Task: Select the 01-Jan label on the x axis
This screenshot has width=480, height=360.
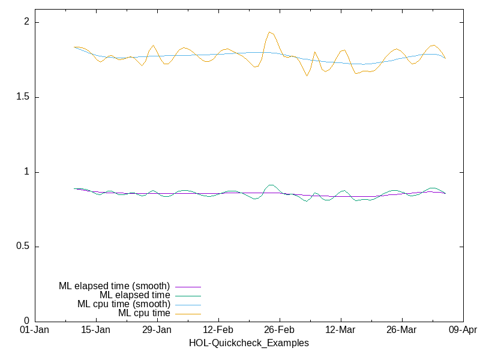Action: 35,331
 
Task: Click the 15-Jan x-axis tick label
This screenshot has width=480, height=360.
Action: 95,331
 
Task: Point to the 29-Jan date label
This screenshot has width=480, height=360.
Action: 157,331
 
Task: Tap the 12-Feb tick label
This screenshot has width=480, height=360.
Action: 218,331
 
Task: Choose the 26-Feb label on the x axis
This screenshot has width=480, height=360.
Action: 279,331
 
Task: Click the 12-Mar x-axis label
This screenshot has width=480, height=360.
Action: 340,331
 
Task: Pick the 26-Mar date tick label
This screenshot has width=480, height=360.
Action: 401,331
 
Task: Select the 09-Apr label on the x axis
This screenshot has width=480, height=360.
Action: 462,331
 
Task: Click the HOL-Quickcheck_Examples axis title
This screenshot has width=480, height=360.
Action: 248,343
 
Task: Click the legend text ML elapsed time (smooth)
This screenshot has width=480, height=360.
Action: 114,286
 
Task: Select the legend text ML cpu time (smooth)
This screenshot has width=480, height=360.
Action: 124,304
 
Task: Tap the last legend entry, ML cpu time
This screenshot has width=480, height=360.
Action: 144,313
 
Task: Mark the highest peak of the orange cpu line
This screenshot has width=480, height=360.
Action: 270,32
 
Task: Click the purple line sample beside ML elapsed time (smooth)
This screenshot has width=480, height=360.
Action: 188,287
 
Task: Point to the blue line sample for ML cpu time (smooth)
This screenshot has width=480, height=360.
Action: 188,305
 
